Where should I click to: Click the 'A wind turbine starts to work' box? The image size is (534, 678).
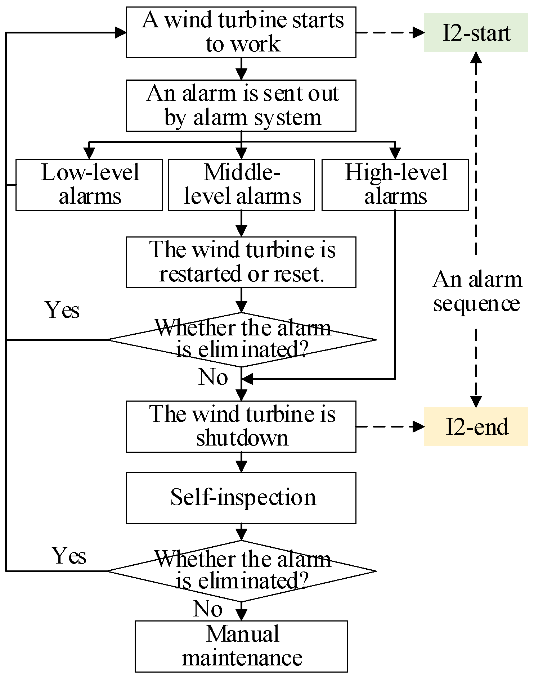pos(241,32)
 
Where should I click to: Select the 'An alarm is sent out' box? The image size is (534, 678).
pos(241,105)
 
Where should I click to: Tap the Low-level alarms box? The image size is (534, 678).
pos(89,185)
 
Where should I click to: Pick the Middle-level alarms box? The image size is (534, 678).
pos(241,185)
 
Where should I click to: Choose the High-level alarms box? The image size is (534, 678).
pos(395,185)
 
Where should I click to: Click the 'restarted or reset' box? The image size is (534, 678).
pos(241,262)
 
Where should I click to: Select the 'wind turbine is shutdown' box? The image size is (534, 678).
pos(241,426)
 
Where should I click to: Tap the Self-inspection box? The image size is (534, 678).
pos(241,498)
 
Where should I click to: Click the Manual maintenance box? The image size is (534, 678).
pos(241,646)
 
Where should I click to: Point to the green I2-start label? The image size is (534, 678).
pos(476,33)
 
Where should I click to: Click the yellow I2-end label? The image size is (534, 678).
pos(476,427)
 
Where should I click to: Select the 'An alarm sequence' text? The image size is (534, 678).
pos(476,291)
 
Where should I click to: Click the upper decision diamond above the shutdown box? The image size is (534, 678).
pos(241,339)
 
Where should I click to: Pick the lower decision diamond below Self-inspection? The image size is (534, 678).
pos(241,571)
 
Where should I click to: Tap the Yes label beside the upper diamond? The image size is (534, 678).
pos(62,310)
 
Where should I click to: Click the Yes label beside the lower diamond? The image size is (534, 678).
pos(70,556)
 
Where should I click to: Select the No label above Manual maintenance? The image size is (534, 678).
pos(208,609)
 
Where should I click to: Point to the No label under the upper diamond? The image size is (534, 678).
pos(213,378)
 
